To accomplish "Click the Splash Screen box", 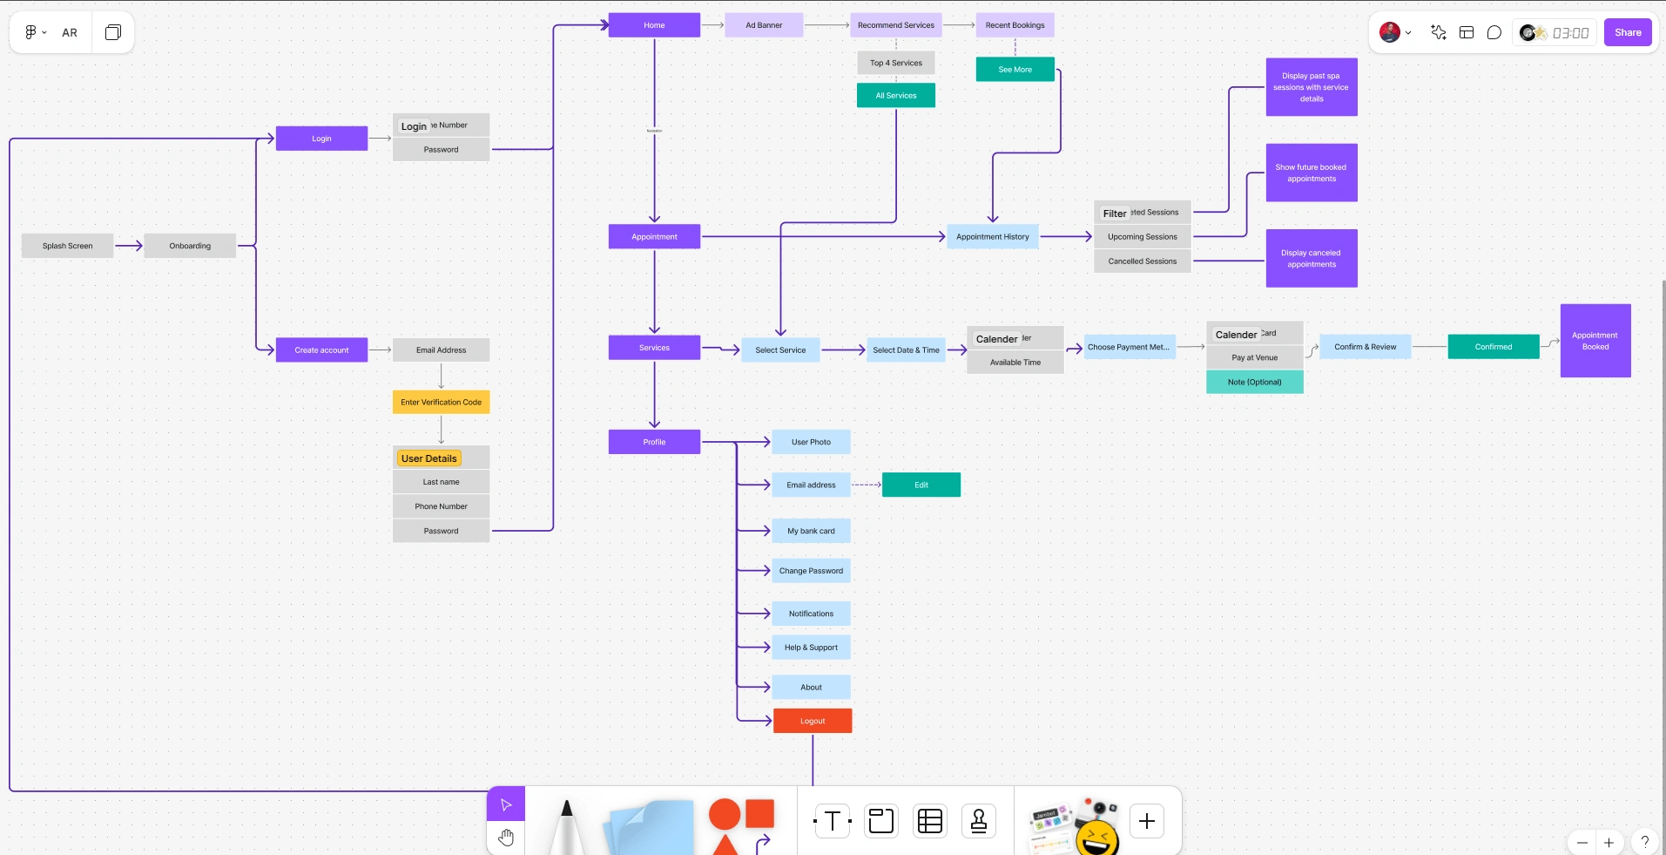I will point(67,246).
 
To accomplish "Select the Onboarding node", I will point(190,246).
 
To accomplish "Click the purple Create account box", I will point(321,349).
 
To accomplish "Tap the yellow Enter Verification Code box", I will point(441,402).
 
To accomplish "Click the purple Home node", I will point(654,25).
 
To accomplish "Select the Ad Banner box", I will point(764,25).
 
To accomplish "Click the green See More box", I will point(1015,69).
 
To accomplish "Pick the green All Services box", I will point(895,96).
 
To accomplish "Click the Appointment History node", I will point(992,236).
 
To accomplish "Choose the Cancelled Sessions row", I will point(1142,261).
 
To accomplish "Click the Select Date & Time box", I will point(906,349).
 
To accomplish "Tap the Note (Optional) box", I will point(1254,382).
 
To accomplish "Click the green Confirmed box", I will point(1493,347).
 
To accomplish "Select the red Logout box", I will point(813,721).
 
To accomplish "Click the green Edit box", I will point(921,485).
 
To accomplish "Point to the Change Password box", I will point(811,571).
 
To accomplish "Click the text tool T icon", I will point(833,821).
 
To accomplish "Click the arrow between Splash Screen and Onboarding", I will point(129,246).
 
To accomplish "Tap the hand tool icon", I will point(506,838).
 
